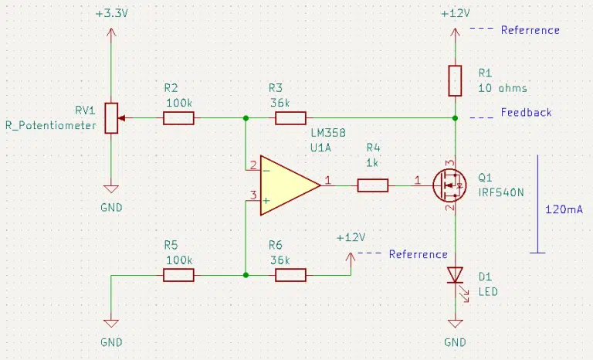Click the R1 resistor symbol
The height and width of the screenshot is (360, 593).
455,80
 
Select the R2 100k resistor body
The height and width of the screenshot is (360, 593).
178,118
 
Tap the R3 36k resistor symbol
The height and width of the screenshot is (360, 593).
290,118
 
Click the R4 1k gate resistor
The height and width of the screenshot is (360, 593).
373,185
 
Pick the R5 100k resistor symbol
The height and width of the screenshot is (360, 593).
178,275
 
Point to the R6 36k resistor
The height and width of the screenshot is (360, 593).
290,275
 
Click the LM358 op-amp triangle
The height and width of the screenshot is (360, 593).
290,185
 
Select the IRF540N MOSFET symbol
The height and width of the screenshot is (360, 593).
449,185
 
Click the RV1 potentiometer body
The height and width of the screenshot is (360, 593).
111,118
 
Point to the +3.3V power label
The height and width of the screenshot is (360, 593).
112,14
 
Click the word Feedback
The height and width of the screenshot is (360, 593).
526,113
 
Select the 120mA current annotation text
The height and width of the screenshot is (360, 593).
564,209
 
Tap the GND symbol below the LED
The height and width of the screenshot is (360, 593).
455,324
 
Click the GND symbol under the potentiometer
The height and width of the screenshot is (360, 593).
111,189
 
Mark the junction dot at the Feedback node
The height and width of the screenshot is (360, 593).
455,118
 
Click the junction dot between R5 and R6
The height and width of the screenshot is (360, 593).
246,275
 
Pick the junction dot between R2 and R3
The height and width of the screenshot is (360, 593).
246,118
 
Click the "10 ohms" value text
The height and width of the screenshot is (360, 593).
503,88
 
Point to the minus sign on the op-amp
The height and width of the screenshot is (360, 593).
266,171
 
